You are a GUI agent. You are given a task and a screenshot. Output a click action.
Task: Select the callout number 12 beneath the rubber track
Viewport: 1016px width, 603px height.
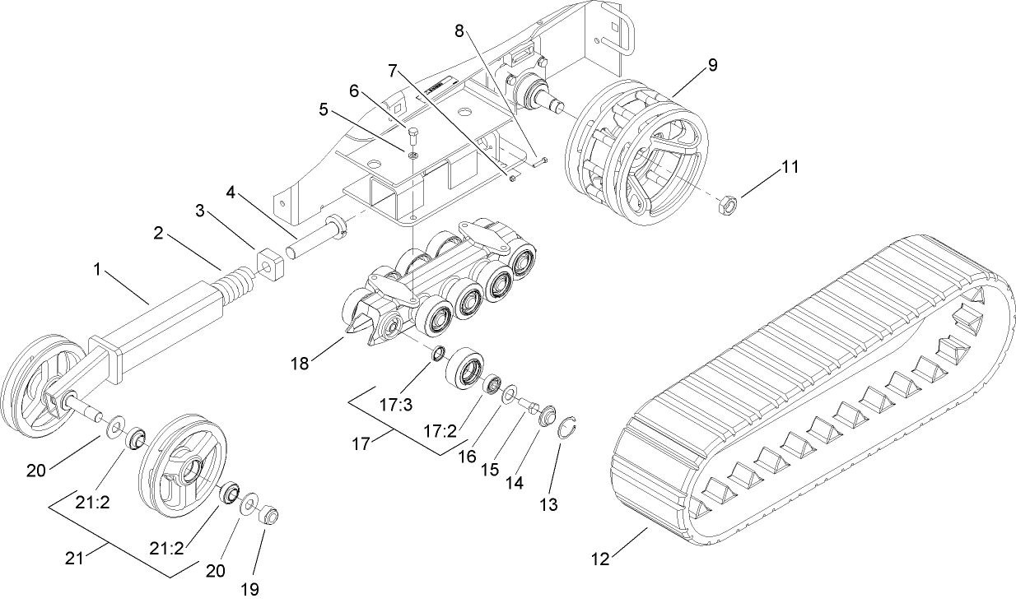[x=600, y=559]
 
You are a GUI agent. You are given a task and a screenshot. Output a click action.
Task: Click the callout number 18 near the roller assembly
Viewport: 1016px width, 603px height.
[x=301, y=363]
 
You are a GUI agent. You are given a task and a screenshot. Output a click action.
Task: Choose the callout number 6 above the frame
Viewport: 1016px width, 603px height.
[x=353, y=91]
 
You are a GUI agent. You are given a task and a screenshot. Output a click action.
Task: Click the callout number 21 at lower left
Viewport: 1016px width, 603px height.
[x=74, y=559]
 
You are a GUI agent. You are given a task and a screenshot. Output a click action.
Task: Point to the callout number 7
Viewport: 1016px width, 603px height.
[x=394, y=72]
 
